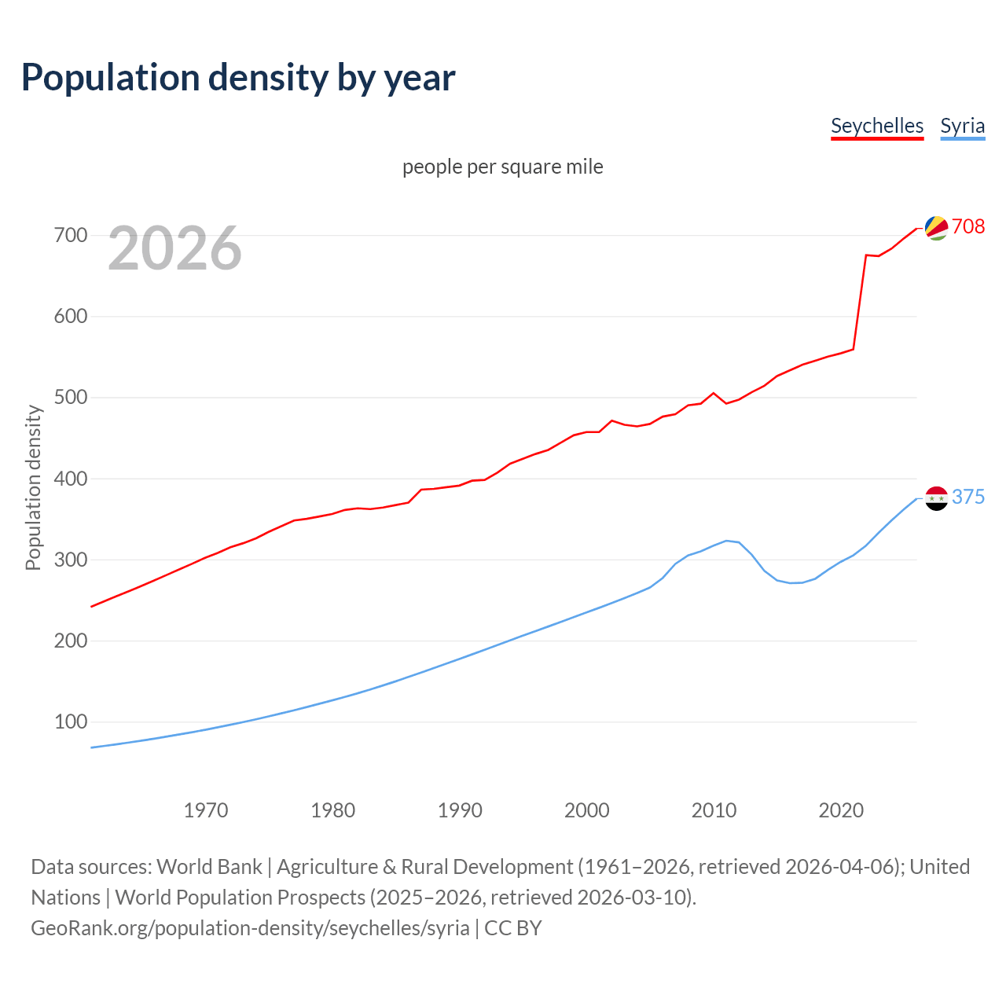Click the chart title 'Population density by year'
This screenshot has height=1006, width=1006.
(238, 77)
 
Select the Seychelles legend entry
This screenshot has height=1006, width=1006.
(876, 126)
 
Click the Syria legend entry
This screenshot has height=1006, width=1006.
(962, 126)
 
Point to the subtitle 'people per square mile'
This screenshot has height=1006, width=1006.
(502, 167)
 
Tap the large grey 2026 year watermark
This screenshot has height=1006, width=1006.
(174, 248)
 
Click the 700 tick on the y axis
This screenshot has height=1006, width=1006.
(70, 235)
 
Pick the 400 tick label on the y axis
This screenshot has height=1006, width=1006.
(70, 479)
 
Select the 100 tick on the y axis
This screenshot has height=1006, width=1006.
(70, 721)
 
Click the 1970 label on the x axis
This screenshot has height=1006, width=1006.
(206, 810)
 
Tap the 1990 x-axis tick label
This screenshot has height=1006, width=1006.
(460, 810)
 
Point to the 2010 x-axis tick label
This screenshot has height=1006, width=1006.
(714, 810)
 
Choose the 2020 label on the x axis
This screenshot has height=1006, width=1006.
(841, 810)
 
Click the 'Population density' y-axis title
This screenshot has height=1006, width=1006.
(33, 487)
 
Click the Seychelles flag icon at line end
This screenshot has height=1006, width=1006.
(936, 227)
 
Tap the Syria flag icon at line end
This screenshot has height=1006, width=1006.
(936, 497)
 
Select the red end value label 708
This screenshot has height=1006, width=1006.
(968, 226)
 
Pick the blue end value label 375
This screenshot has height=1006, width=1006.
(968, 497)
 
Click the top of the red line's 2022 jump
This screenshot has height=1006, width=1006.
(865, 255)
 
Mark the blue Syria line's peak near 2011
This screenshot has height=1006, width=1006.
(726, 541)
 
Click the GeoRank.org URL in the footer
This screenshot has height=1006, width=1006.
(250, 928)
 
